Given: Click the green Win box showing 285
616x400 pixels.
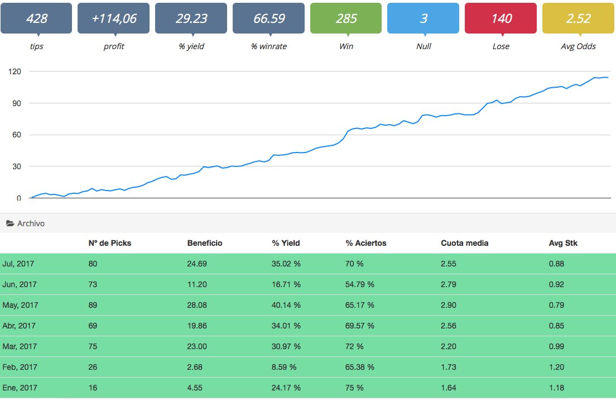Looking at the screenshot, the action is point(346,18).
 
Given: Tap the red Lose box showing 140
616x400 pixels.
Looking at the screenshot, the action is point(501,18).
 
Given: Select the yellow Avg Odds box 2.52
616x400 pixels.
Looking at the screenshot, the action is point(578,18).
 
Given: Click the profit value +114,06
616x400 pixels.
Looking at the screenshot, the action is point(113,18).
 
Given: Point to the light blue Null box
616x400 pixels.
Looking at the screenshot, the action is point(423,18).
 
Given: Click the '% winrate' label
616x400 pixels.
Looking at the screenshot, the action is point(269,46).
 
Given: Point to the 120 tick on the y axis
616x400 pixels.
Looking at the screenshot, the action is point(15,72).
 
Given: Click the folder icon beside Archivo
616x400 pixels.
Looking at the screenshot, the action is point(10,223).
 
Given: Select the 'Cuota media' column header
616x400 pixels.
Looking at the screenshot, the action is point(464,243).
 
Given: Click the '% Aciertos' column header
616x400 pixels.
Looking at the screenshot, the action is point(366,243).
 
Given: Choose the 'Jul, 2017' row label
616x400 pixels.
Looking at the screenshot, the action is point(18,264).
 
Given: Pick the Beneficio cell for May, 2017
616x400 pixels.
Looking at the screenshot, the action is point(197,305).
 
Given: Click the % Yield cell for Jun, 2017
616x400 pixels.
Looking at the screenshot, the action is point(286,284).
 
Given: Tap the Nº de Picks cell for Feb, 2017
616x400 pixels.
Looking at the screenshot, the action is point(93,367).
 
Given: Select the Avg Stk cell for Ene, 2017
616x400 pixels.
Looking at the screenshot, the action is point(556,388).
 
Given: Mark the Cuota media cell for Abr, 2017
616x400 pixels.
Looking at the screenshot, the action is point(448,326).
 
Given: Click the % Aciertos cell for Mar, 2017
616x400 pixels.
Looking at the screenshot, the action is point(354,346).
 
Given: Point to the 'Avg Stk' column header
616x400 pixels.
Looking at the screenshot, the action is point(563,243).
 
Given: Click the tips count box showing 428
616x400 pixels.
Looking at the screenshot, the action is point(36,18).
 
